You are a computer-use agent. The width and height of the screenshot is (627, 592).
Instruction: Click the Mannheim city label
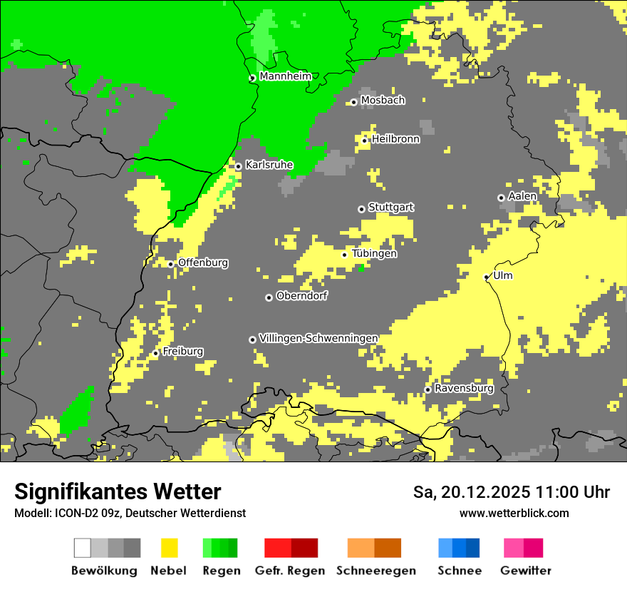coord(285,76)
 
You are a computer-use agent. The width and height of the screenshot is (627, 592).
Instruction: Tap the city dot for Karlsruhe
coord(238,166)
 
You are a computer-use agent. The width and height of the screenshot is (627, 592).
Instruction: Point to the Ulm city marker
coord(487,277)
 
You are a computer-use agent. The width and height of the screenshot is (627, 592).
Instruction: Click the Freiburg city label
coord(182,352)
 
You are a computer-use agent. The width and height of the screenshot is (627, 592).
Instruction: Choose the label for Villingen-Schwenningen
coord(318,338)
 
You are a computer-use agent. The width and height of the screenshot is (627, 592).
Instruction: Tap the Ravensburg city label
coord(464,389)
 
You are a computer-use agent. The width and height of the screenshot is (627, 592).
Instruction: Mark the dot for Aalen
coord(501,198)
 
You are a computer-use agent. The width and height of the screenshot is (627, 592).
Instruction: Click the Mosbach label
coord(383,101)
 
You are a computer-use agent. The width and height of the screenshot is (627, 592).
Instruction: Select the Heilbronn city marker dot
coord(364,141)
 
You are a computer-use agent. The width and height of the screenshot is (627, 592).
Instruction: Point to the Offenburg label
coord(203,262)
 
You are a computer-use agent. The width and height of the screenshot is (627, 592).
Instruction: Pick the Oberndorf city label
coord(301,296)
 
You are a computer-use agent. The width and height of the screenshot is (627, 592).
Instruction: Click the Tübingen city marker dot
coord(345,255)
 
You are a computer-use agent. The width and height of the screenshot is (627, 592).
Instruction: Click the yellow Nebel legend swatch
coord(169,548)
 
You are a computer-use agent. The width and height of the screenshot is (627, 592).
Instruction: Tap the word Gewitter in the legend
coord(526,571)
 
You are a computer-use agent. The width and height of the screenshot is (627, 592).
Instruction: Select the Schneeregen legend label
coord(376,571)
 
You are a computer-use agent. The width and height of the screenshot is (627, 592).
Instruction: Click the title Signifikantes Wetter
coord(118,491)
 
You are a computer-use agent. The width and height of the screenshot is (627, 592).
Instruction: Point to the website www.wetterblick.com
coord(514,513)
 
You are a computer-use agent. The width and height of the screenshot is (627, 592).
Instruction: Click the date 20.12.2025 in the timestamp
coord(484,492)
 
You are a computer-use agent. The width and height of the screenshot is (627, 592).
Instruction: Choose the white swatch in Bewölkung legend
coord(83,548)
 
